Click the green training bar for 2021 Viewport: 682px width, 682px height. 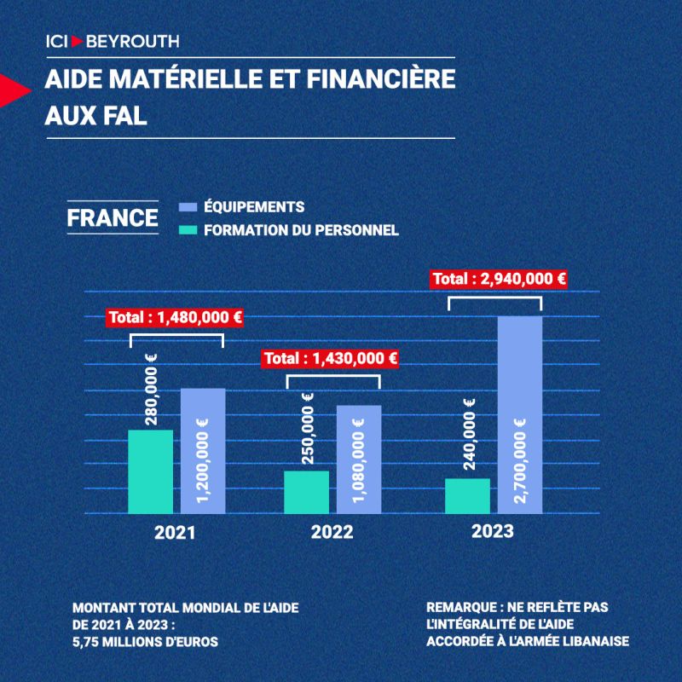150,471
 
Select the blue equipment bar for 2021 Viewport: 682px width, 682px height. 203,451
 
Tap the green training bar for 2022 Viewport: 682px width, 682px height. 306,492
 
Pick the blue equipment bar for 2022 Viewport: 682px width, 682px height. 358,459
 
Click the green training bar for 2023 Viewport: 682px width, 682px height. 467,496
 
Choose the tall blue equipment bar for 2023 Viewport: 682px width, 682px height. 519,415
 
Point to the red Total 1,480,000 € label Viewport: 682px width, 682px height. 176,318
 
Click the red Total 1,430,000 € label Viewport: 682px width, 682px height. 331,359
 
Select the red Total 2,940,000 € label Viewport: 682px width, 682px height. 500,278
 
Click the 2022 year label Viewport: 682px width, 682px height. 332,534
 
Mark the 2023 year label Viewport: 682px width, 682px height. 493,531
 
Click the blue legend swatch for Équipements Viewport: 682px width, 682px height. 188,207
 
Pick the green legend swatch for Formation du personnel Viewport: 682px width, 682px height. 188,229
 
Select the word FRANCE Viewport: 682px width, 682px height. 113,217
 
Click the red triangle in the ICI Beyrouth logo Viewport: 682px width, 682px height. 78,41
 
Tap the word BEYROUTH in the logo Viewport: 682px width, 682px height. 132,41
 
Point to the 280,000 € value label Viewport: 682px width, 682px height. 151,390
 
